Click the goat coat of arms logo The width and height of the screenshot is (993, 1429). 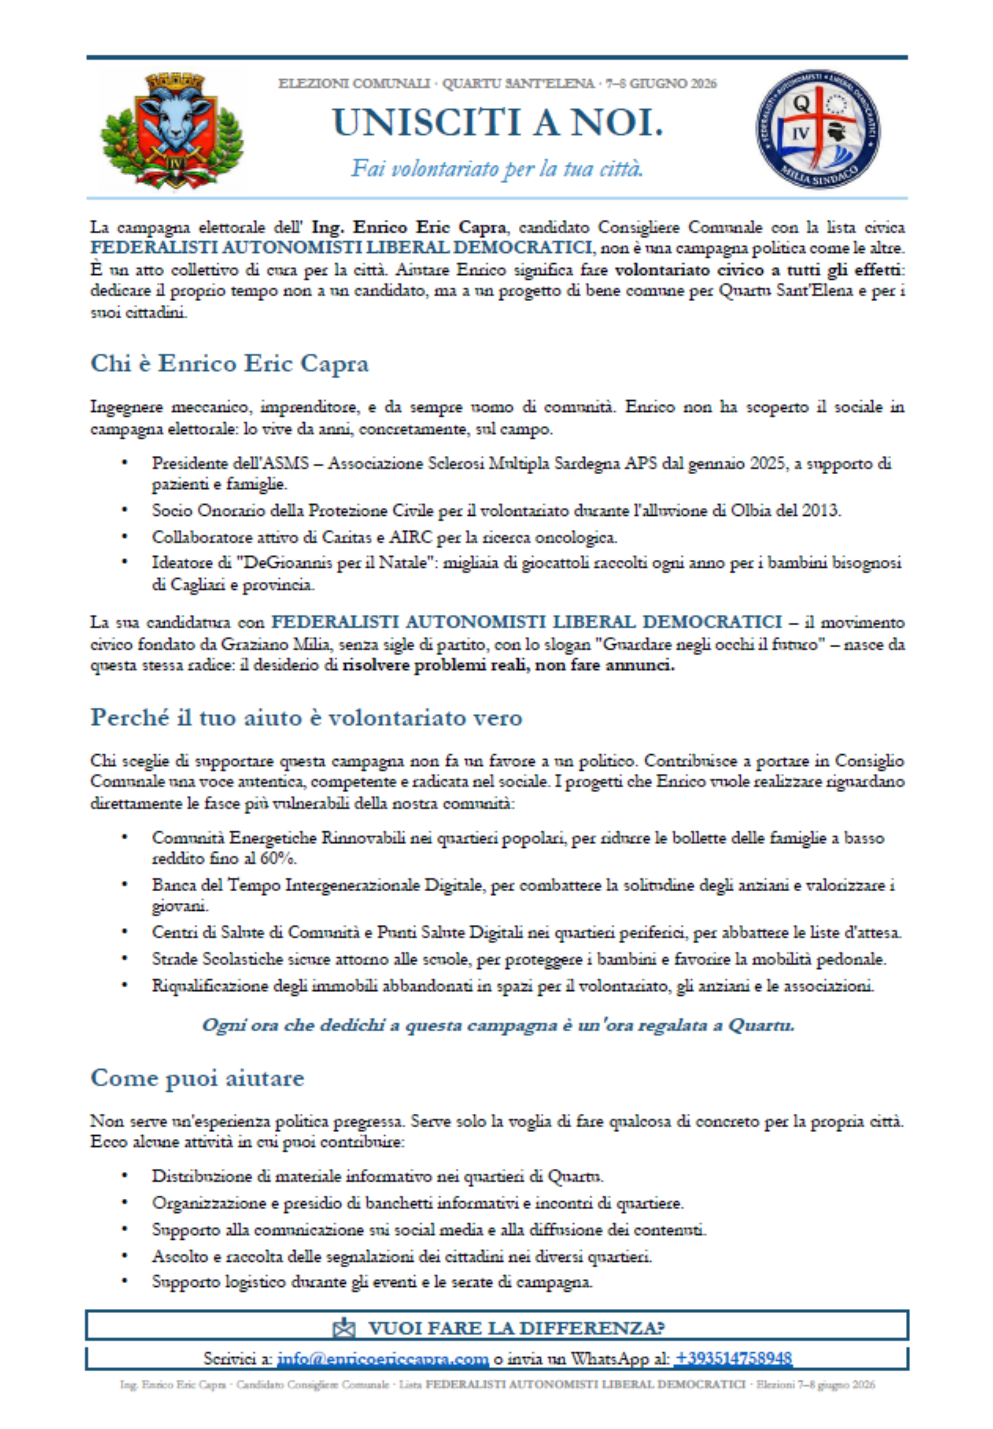click(172, 131)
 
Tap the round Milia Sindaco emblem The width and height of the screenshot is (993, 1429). click(818, 129)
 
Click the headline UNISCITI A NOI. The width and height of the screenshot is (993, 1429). click(497, 123)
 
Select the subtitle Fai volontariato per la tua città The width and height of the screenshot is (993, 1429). click(497, 168)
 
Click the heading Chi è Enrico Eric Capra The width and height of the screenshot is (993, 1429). click(230, 363)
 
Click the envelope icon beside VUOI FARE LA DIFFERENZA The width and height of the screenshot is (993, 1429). click(344, 1328)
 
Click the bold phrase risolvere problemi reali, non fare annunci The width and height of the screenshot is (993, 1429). click(508, 665)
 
